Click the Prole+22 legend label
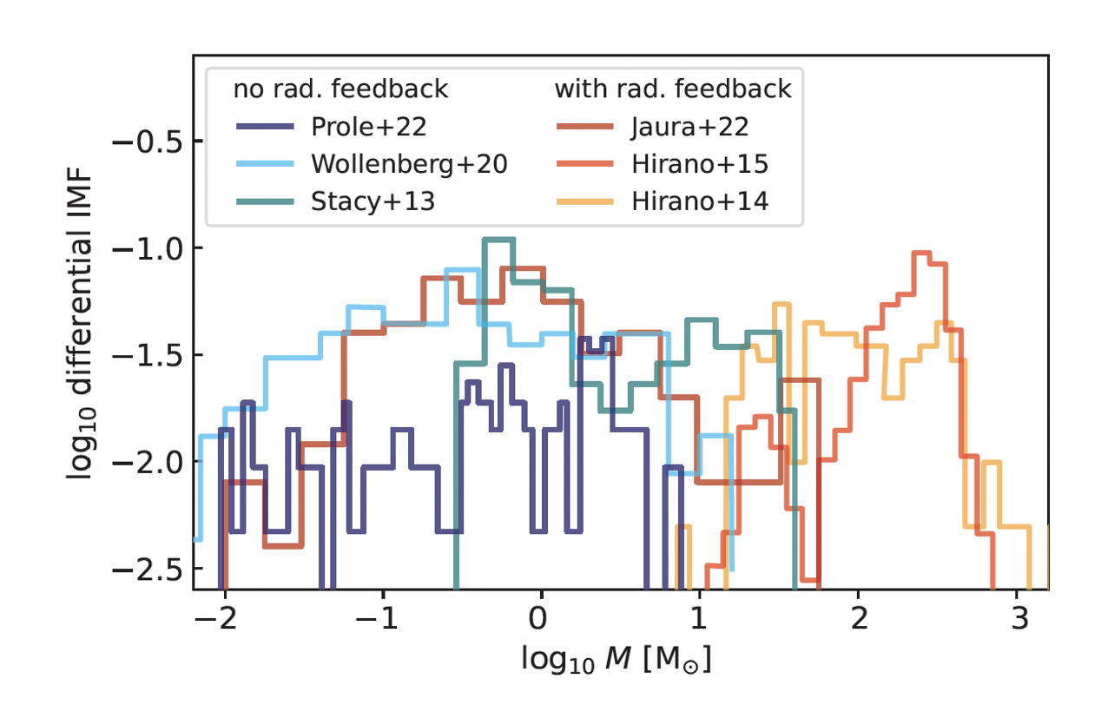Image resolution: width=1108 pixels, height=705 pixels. [x=368, y=127]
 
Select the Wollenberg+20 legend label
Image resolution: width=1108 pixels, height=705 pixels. [x=408, y=164]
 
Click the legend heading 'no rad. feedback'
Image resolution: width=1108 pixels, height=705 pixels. [x=340, y=89]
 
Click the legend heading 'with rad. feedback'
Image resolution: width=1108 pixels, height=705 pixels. [x=673, y=89]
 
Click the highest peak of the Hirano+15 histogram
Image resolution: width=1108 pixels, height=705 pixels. [x=921, y=254]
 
